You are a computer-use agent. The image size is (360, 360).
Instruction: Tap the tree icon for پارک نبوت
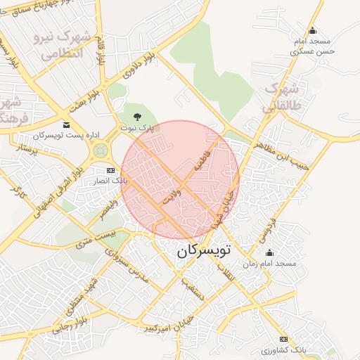click(136, 117)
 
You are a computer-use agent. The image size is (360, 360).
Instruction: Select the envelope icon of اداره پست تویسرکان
click(67, 124)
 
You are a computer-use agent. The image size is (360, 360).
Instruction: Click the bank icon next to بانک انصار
click(110, 170)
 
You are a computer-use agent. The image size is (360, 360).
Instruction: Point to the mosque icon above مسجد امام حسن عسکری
click(312, 30)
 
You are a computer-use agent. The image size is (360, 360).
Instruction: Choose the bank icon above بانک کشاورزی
click(284, 340)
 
